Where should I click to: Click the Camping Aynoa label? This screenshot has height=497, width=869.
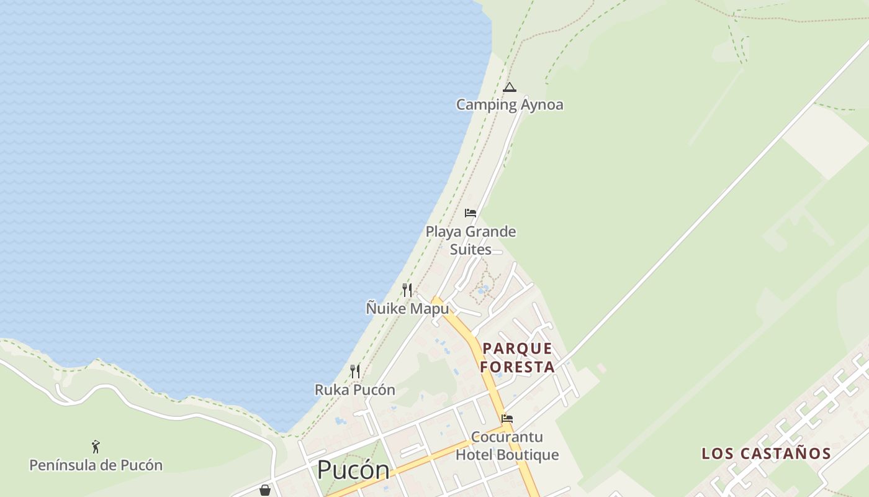[x=510, y=104]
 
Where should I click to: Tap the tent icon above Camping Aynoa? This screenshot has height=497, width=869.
[x=510, y=87]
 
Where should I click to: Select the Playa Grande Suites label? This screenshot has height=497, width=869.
[x=471, y=240]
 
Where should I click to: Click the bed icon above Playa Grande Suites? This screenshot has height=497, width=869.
[x=471, y=213]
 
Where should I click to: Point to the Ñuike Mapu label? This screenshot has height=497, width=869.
[x=407, y=308]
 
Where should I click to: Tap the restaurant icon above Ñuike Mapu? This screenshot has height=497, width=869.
[x=407, y=290]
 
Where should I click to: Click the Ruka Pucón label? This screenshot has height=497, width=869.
[x=355, y=390]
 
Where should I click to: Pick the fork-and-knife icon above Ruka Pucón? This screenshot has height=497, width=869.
[x=355, y=372]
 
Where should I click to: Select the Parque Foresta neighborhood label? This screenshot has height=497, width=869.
[x=517, y=357]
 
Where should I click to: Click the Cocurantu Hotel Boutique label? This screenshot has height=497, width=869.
[x=507, y=446]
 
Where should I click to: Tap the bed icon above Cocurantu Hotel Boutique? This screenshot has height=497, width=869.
[x=507, y=419]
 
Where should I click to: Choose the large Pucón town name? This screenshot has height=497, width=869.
[x=353, y=470]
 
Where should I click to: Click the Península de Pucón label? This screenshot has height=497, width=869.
[x=96, y=465]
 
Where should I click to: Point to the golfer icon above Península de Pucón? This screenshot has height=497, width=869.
[x=96, y=447]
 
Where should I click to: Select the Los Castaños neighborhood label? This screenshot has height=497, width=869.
[x=766, y=454]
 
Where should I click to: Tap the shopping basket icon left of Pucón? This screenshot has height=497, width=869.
[x=265, y=490]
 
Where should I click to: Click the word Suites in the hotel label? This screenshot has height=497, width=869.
[x=471, y=250]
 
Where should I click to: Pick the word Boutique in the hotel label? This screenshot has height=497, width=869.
[x=527, y=455]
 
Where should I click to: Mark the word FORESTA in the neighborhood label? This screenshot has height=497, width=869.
[x=517, y=367]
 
